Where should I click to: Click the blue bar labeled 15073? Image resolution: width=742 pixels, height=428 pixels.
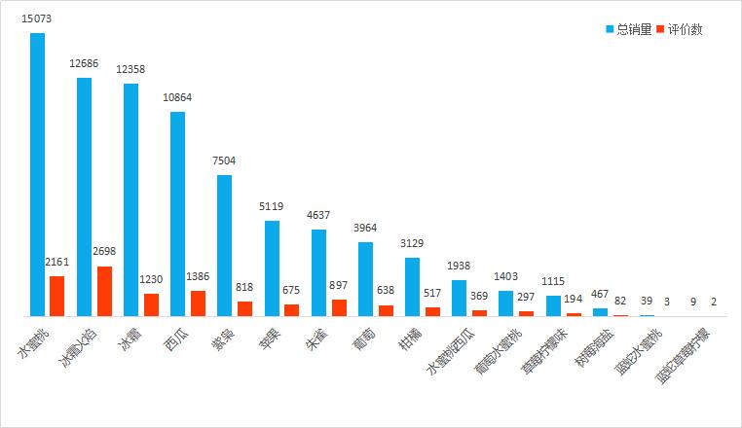pos(37,175)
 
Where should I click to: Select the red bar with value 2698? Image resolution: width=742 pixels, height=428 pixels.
pos(104,291)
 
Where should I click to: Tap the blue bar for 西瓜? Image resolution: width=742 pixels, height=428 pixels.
pos(178,214)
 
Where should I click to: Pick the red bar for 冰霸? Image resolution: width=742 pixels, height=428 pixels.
pos(151,304)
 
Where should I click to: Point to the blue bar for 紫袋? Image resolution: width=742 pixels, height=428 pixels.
pos(225,245)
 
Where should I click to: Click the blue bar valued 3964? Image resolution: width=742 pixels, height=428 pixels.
pos(366,279)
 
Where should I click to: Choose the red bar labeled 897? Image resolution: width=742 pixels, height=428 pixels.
pos(339,307)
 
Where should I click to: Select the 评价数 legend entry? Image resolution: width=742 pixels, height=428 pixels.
pos(682,29)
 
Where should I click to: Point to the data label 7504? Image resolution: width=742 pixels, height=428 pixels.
pos(225,161)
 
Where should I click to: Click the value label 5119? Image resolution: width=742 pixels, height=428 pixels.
pos(272,207)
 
